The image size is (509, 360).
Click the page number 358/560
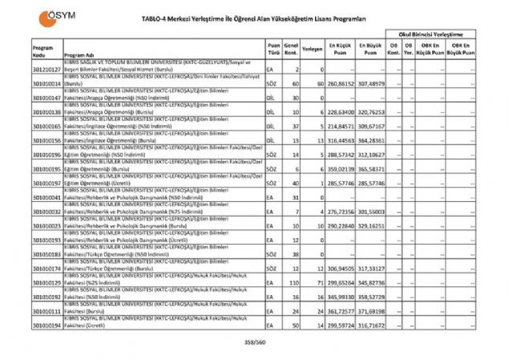(x=255, y=342)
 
